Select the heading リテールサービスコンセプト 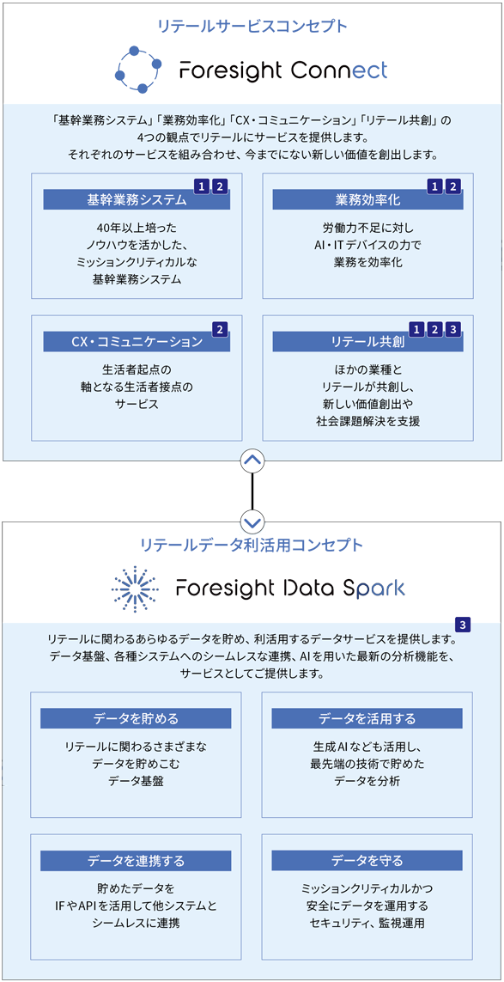[x=252, y=26]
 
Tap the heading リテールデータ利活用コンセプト [x=252, y=545]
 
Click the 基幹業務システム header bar [x=137, y=200]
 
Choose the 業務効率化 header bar [x=367, y=200]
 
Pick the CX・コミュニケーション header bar [x=137, y=341]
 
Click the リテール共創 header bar [x=367, y=341]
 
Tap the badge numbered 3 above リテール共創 [x=453, y=328]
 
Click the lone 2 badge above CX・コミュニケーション [x=219, y=328]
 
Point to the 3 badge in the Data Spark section [x=463, y=625]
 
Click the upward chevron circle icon [x=252, y=461]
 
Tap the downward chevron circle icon [x=252, y=521]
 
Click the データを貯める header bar [x=136, y=718]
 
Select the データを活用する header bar [x=367, y=718]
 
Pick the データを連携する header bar [x=136, y=860]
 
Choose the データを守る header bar [x=367, y=860]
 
